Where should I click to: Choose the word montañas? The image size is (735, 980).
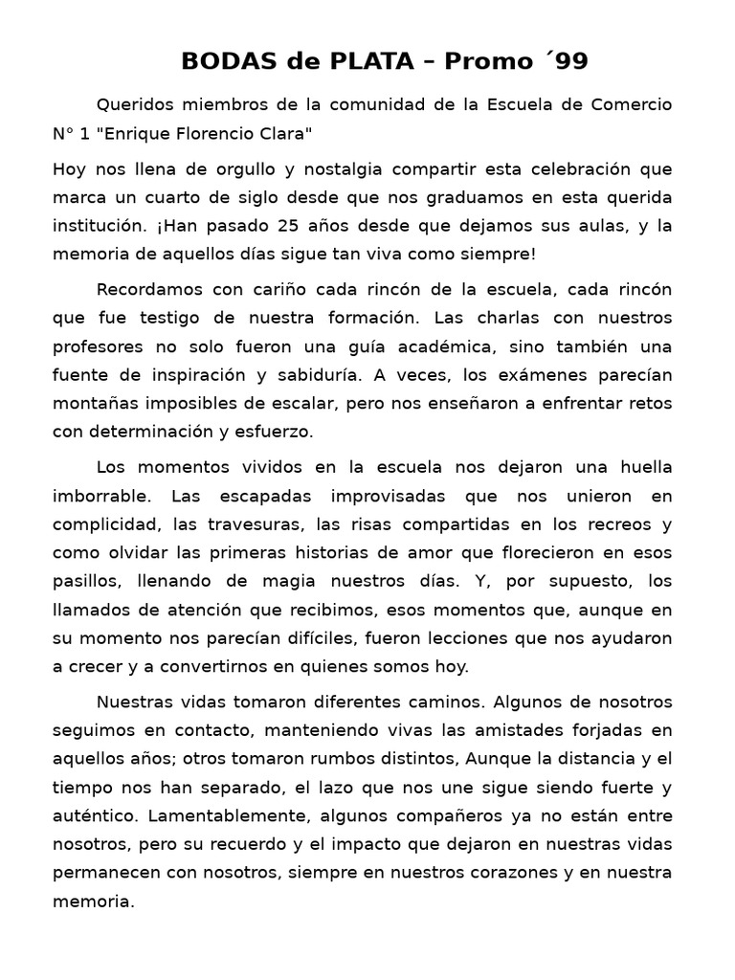click(95, 403)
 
